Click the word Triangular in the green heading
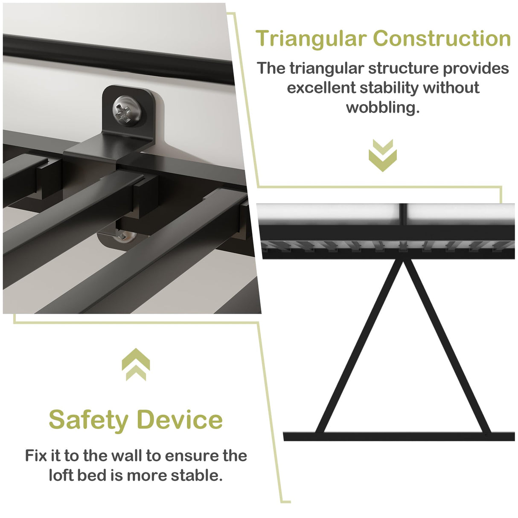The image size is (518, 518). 311,39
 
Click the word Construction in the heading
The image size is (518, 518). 442,38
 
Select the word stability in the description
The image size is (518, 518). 389,87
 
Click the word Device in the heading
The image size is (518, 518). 180,420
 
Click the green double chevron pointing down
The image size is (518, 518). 383,155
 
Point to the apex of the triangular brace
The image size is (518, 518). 402,261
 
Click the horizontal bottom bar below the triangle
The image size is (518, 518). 399,437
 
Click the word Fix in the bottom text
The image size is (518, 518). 36,456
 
